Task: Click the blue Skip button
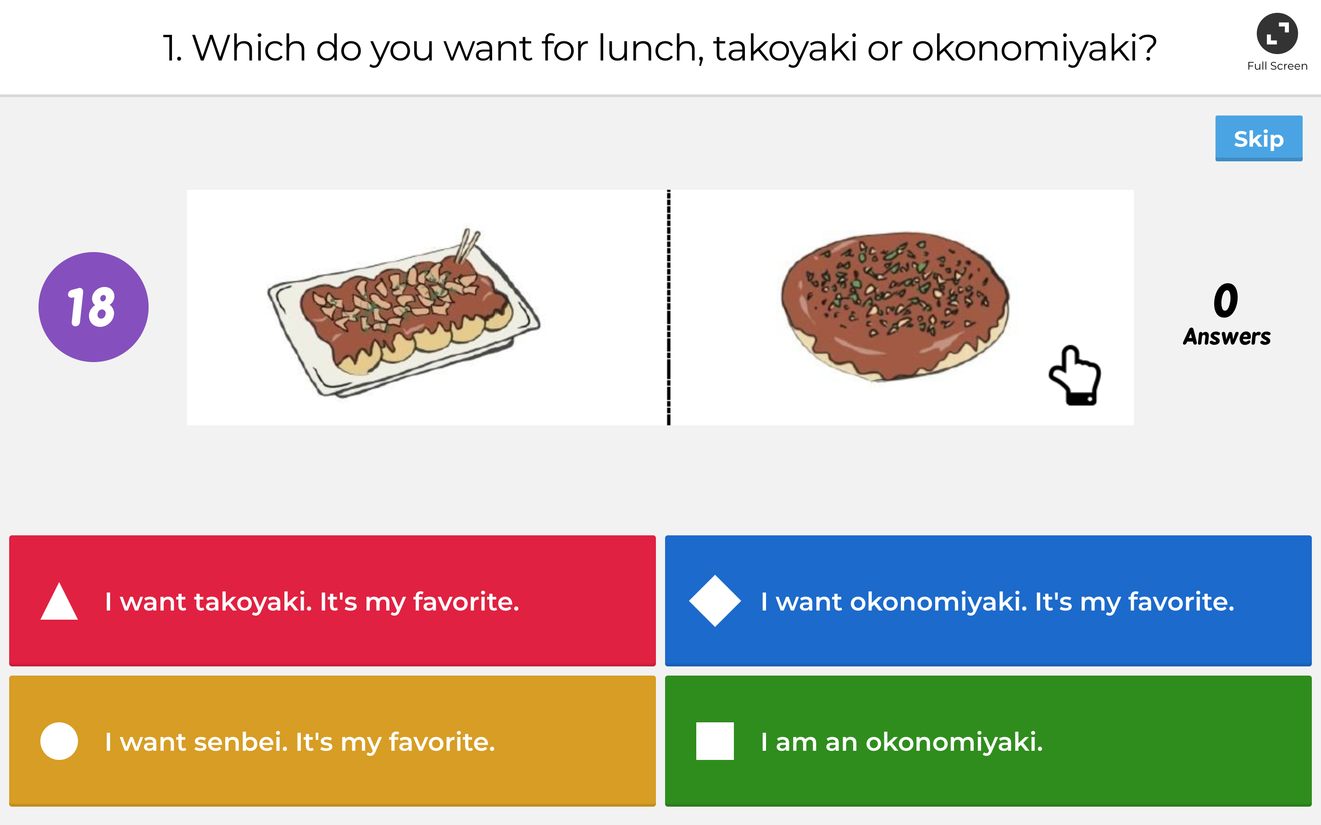[1258, 138]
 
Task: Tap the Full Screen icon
[1277, 33]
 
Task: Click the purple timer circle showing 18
[94, 307]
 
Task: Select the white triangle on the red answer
[59, 602]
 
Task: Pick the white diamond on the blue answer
[715, 601]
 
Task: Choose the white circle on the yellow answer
[59, 741]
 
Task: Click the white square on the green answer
[715, 741]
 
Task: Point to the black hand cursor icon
[1074, 376]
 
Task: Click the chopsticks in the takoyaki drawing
[468, 246]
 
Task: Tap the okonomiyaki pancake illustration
[895, 306]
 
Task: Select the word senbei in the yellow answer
[240, 742]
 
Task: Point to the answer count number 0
[1226, 300]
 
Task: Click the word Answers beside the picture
[1227, 337]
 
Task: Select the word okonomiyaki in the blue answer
[938, 602]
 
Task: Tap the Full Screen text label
[1277, 66]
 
